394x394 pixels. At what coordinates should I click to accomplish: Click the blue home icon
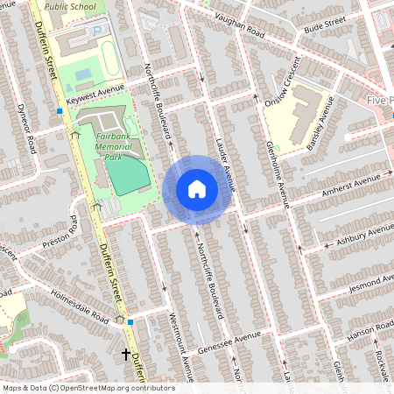tap(197, 189)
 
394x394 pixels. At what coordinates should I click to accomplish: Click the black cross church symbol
tap(126, 355)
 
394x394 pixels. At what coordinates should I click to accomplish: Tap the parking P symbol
tap(97, 31)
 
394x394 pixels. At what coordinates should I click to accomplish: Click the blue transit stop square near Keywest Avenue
tap(60, 111)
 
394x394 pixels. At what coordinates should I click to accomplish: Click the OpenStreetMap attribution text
tap(88, 388)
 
